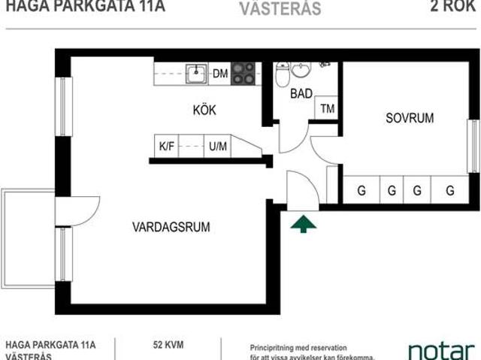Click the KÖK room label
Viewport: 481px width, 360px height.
(204, 110)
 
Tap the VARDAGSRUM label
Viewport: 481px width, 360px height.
(171, 226)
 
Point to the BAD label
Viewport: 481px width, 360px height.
(302, 93)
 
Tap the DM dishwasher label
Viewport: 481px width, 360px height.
(220, 73)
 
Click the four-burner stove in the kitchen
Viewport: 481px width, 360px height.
(243, 73)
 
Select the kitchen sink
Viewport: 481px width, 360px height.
(198, 73)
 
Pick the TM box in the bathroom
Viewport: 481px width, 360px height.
(327, 108)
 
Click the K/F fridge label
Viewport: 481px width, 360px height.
(166, 147)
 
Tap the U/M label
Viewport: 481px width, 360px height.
(218, 147)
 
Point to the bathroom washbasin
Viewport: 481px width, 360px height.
(301, 70)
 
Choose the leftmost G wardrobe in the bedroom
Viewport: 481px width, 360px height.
(362, 191)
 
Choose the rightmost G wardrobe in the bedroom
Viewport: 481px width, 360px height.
(449, 191)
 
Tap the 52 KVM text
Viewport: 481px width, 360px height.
(168, 345)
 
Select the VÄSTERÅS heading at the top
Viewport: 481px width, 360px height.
(281, 9)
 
